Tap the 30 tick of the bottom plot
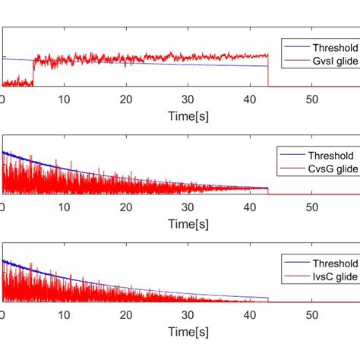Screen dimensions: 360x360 pos(188,314)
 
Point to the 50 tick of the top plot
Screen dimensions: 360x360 pos(311,99)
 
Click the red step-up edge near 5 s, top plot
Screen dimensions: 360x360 pos(33,72)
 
